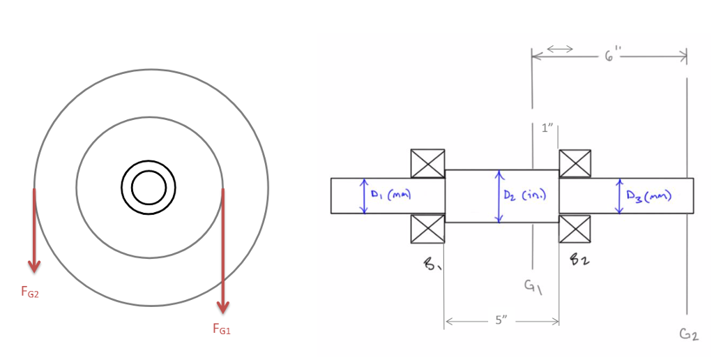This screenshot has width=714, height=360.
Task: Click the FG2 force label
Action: click(30, 294)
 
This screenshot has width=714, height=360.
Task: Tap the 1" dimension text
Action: click(547, 128)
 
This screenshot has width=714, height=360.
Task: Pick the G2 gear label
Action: click(688, 335)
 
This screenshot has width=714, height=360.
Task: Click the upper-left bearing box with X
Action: click(427, 164)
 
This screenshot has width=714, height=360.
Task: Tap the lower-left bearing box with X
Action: click(427, 229)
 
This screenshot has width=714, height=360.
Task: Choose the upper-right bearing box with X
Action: click(575, 164)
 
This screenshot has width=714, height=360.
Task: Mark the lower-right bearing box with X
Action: click(575, 229)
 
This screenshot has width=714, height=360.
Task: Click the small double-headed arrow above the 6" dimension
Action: click(560, 49)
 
